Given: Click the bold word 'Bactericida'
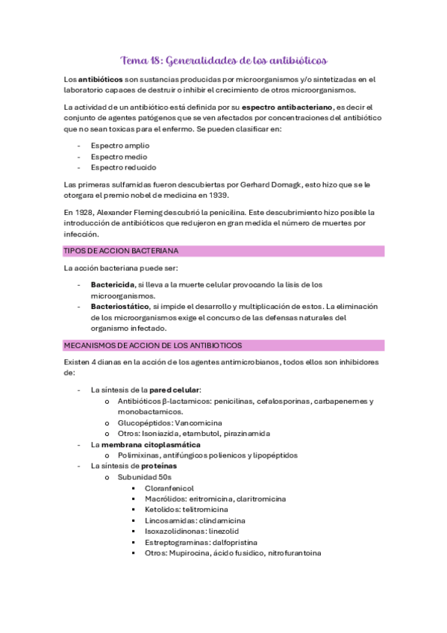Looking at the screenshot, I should (112, 285).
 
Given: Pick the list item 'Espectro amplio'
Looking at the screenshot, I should (119, 146).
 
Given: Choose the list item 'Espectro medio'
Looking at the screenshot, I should (119, 157).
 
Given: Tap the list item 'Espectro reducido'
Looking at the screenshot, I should (123, 167).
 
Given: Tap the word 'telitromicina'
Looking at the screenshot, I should (206, 509).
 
